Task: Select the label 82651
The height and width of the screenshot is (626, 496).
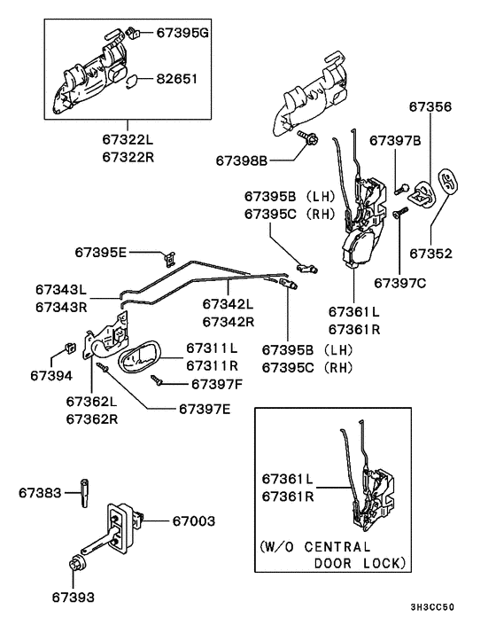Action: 177,79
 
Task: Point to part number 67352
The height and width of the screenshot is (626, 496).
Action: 430,253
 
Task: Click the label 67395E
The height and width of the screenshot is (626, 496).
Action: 98,253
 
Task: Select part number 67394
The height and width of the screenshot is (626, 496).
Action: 50,375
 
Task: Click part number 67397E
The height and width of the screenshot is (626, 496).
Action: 205,409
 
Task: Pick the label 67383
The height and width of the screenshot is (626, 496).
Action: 40,490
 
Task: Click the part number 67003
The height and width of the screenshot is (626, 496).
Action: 194,520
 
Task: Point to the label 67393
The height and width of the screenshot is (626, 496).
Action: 73,598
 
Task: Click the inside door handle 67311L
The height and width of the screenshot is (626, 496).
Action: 142,359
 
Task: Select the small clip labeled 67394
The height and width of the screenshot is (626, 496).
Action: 72,346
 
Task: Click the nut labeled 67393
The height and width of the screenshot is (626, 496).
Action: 76,565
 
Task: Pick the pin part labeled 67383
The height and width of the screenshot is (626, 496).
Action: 85,489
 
